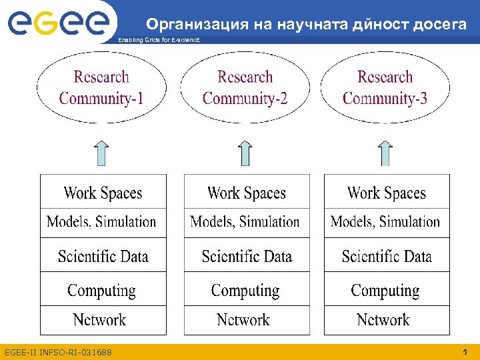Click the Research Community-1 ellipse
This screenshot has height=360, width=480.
click(101, 88)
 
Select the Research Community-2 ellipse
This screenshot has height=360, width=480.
click(245, 88)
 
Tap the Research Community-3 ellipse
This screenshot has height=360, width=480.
click(385, 88)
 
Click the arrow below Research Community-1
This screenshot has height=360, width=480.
click(101, 153)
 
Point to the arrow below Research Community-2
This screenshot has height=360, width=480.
click(245, 153)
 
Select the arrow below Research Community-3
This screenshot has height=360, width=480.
click(385, 153)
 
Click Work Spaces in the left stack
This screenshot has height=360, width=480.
click(103, 193)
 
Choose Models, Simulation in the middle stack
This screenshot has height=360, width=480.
click(245, 222)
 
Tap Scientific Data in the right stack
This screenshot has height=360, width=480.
click(387, 256)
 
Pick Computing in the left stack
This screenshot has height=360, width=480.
click(101, 291)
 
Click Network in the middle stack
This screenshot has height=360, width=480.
click(244, 320)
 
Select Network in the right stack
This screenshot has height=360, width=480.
click(383, 320)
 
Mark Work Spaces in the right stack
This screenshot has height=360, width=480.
click(387, 193)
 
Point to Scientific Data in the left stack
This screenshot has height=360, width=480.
click(103, 256)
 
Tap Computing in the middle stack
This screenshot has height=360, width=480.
click(245, 291)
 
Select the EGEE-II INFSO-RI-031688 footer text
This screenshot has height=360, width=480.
click(58, 352)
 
